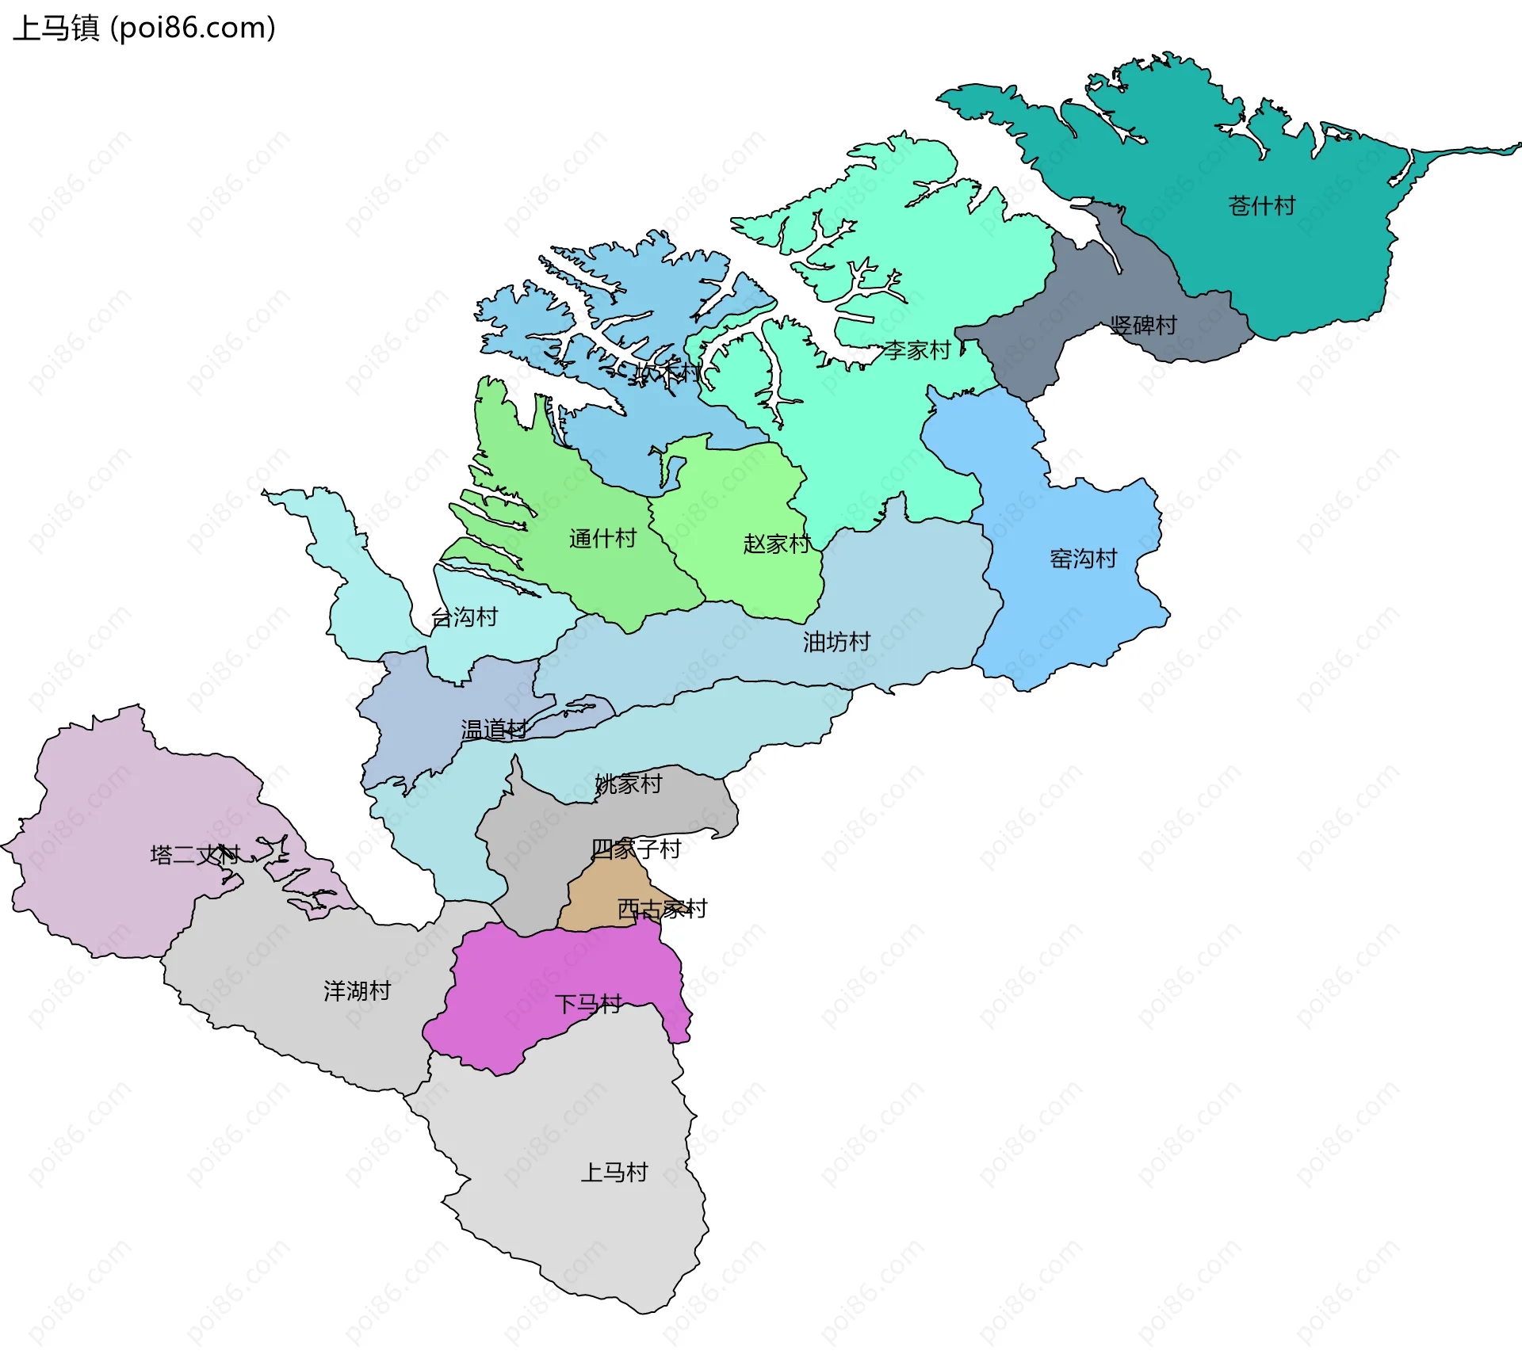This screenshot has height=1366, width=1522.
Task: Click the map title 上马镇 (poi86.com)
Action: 144,29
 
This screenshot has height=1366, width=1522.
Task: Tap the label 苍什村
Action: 1261,206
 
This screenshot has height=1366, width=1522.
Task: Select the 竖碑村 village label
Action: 1143,326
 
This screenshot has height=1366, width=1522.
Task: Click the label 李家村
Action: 917,350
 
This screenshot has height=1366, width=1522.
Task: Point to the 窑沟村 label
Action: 1083,559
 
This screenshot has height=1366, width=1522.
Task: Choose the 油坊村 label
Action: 836,642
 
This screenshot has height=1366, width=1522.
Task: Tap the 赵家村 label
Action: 777,544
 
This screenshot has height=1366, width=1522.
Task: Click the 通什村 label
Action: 602,539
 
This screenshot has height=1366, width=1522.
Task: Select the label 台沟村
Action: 464,617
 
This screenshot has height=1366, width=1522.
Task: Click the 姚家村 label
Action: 629,784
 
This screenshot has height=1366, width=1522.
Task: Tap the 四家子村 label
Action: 636,849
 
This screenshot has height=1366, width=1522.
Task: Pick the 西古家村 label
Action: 662,909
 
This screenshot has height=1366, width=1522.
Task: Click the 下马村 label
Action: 588,1005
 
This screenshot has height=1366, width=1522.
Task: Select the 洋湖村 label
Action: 357,991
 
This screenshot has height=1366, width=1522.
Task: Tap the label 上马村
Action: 614,1173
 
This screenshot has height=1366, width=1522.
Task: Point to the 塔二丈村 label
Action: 195,855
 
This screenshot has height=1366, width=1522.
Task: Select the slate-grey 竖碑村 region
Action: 1031,341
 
